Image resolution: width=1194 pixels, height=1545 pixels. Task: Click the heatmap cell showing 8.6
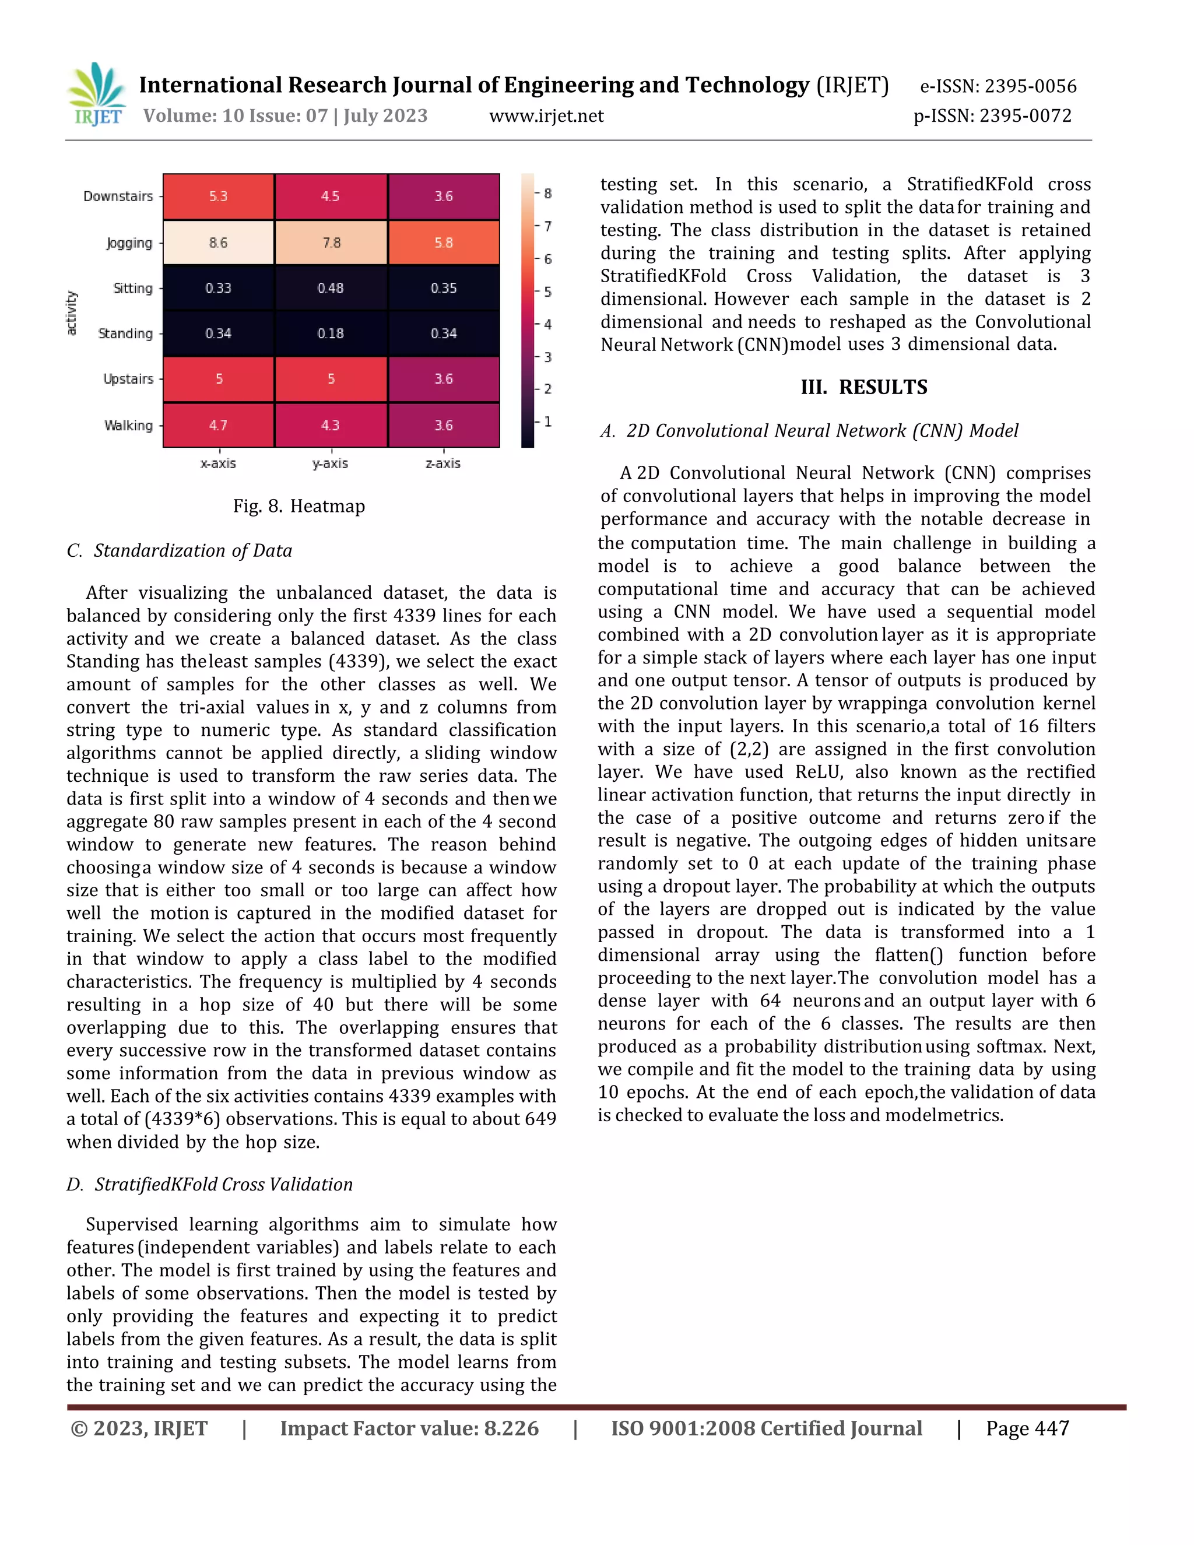click(x=218, y=243)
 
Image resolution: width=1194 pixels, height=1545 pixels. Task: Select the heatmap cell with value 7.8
click(x=331, y=243)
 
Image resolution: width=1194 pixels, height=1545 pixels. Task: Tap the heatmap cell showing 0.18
click(x=331, y=333)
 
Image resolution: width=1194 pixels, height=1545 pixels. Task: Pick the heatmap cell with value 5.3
click(x=218, y=196)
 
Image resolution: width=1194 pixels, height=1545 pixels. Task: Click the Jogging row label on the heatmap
click(x=129, y=243)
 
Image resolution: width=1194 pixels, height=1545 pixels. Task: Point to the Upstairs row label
click(x=128, y=378)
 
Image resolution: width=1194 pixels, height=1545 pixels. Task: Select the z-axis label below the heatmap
click(x=443, y=463)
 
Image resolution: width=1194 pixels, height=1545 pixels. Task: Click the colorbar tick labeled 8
click(x=547, y=193)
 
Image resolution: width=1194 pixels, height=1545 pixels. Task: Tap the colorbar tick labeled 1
click(x=547, y=422)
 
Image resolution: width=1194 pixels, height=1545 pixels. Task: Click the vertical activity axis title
click(x=71, y=312)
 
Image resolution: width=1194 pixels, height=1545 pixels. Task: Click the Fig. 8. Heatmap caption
click(x=299, y=506)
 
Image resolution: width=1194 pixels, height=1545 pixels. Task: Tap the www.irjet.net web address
click(x=546, y=116)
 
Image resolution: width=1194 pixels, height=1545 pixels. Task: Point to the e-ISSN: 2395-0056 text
click(x=998, y=86)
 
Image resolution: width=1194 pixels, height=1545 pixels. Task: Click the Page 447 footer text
click(x=1027, y=1428)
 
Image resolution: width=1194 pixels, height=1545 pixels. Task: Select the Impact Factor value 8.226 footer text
click(x=409, y=1428)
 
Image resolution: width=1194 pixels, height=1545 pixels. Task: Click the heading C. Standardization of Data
click(x=180, y=550)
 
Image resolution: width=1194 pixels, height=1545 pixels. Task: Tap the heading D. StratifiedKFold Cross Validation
click(x=210, y=1184)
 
